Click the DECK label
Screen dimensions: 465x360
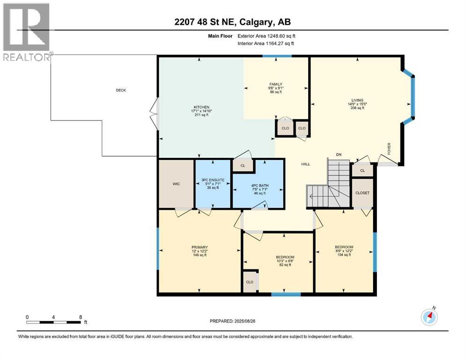tap(121, 90)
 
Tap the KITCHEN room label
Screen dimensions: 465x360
tap(202, 107)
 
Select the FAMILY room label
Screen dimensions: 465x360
tap(276, 84)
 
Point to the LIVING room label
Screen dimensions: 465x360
tap(357, 100)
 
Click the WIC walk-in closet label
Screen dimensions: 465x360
tap(176, 184)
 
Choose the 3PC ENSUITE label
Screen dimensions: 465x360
tap(213, 180)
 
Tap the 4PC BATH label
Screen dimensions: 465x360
tap(260, 186)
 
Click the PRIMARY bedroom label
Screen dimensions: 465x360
tap(199, 247)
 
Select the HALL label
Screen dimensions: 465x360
tap(305, 164)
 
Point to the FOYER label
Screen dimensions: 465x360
tap(389, 149)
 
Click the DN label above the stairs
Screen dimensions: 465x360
tap(339, 155)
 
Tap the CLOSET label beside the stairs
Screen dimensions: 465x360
tap(362, 193)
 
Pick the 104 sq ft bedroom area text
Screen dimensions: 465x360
tap(344, 255)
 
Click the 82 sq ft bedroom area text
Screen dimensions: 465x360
tap(285, 265)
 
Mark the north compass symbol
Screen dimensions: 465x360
tap(429, 317)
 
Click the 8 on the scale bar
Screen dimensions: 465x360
tap(81, 317)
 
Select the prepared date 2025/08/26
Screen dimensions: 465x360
tap(244, 321)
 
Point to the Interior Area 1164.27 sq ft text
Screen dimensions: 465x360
tap(266, 43)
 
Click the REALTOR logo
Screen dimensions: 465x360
tap(27, 32)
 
